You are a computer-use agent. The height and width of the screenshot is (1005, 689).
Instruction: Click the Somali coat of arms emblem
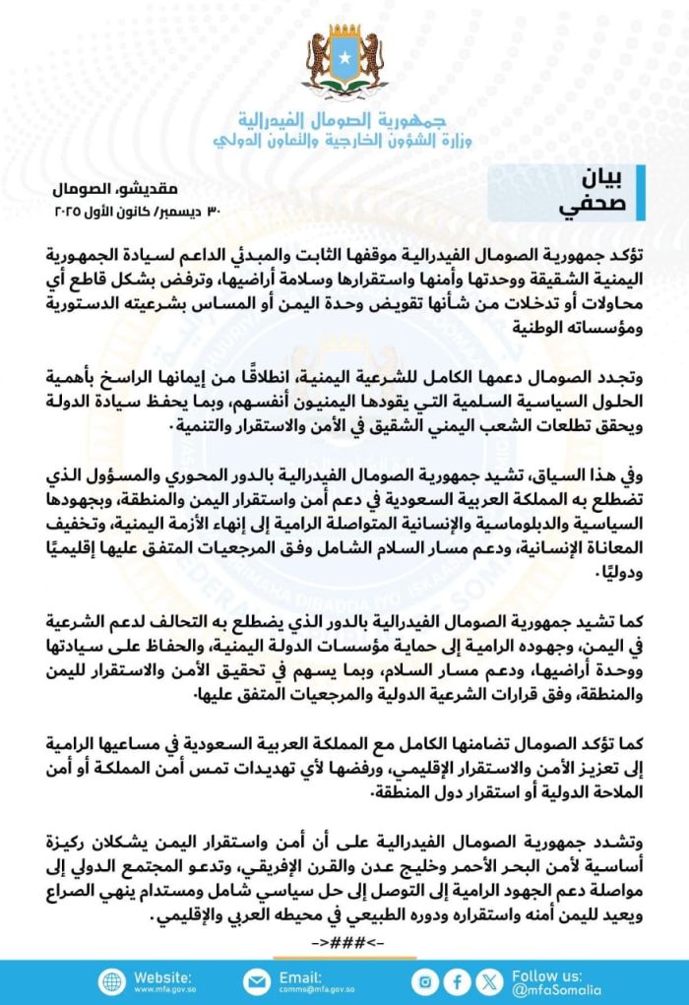344,61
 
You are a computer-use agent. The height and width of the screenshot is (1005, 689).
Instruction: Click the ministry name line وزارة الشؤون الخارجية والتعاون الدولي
344,140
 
